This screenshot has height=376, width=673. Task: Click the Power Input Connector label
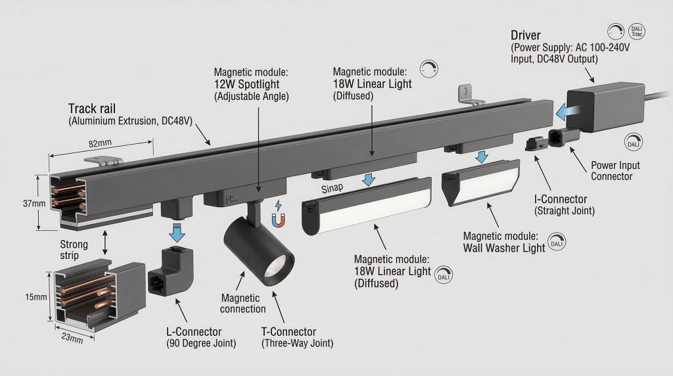(x=615, y=171)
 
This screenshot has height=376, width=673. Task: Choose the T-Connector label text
(x=288, y=333)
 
